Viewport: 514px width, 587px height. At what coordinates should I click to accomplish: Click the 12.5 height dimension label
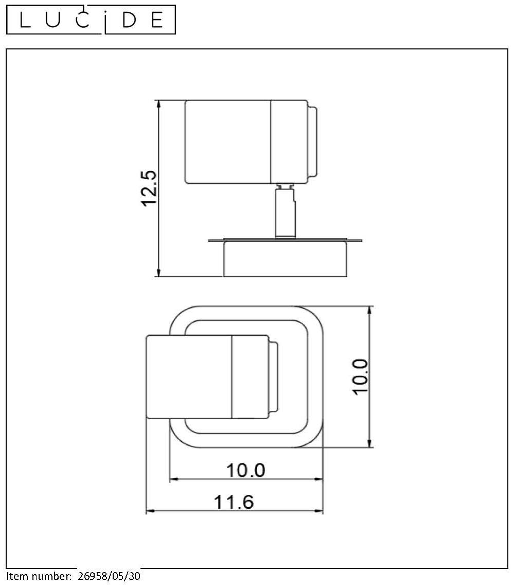pos(149,188)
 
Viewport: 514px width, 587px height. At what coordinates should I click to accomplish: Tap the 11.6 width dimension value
pos(234,502)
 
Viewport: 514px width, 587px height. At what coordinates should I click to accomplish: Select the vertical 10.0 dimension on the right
pos(360,376)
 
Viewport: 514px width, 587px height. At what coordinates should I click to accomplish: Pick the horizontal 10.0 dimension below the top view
pos(246,470)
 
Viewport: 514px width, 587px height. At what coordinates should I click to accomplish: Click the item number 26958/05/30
pos(109,576)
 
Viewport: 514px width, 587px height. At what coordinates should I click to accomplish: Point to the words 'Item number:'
pos(39,576)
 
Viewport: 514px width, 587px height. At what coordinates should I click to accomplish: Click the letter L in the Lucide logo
pos(24,20)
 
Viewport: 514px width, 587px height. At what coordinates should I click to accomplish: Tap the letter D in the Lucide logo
pos(130,20)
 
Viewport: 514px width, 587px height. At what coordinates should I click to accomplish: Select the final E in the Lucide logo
pos(157,20)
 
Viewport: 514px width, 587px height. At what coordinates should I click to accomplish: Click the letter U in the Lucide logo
pos(53,20)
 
